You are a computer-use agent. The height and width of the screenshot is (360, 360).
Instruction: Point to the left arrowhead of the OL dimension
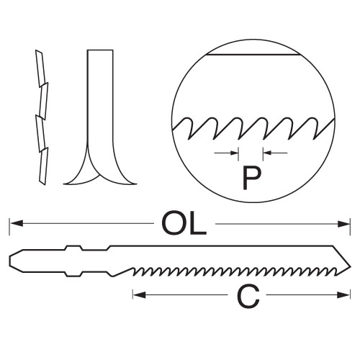coord(17,224)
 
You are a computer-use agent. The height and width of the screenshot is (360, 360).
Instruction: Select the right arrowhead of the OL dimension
coord(343,224)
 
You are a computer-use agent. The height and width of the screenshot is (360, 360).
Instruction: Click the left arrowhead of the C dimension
coord(140,294)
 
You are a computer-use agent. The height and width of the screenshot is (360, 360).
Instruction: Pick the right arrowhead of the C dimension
coord(343,294)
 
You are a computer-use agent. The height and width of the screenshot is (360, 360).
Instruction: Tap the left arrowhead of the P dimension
coord(234,153)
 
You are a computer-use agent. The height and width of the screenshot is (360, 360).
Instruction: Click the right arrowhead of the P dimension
coord(268,153)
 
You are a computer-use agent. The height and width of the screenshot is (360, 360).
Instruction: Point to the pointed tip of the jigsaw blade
coord(351,266)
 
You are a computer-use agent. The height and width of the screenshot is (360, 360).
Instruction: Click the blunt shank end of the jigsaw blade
coord(10,261)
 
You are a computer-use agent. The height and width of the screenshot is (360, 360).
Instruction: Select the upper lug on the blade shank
coord(74,248)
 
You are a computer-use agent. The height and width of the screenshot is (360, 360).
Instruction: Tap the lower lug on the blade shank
coord(74,274)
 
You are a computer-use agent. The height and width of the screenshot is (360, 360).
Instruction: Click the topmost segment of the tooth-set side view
coord(40,68)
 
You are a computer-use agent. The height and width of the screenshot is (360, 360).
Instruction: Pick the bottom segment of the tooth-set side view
coord(43,166)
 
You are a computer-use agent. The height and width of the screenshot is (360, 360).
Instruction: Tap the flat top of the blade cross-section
coord(100,50)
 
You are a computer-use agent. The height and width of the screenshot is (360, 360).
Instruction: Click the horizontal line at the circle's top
coord(253,55)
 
